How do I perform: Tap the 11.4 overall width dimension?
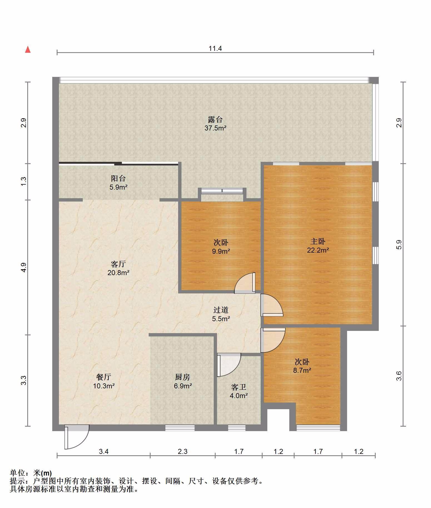(x=215, y=49)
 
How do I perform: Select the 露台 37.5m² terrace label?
(x=215, y=124)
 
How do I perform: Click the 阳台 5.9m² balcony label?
(x=118, y=183)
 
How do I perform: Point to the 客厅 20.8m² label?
(x=118, y=268)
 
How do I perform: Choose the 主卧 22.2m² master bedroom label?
(x=318, y=246)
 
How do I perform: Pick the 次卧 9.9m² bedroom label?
(x=221, y=247)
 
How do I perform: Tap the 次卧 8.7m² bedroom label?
(x=302, y=366)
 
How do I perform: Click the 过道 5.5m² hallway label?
(x=221, y=314)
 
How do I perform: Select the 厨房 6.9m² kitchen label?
(x=183, y=381)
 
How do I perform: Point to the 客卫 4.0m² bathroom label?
(x=239, y=391)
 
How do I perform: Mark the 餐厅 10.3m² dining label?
(x=104, y=381)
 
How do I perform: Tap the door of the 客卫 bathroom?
(x=229, y=365)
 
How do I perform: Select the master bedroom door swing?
(x=271, y=305)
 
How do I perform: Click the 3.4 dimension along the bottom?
(x=104, y=452)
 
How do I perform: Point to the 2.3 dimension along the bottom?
(x=183, y=452)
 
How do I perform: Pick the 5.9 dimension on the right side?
(x=399, y=245)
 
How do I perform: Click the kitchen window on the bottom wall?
(x=180, y=428)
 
